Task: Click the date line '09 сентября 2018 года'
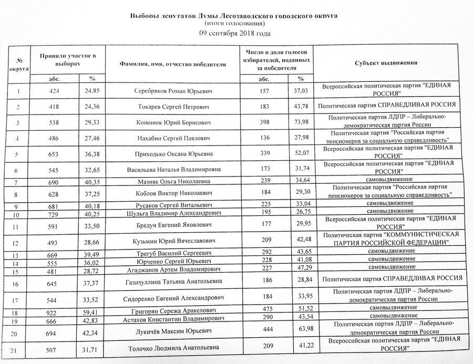pyautogui.click(x=235, y=34)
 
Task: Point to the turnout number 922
pyautogui.click(x=55, y=314)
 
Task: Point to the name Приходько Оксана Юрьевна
pyautogui.click(x=173, y=154)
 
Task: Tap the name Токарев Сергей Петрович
pyautogui.click(x=173, y=107)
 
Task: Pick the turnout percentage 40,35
pyautogui.click(x=92, y=182)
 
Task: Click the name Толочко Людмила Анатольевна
pyautogui.click(x=172, y=348)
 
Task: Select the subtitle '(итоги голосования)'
pyautogui.click(x=235, y=24)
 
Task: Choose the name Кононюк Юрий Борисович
pyautogui.click(x=173, y=123)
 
